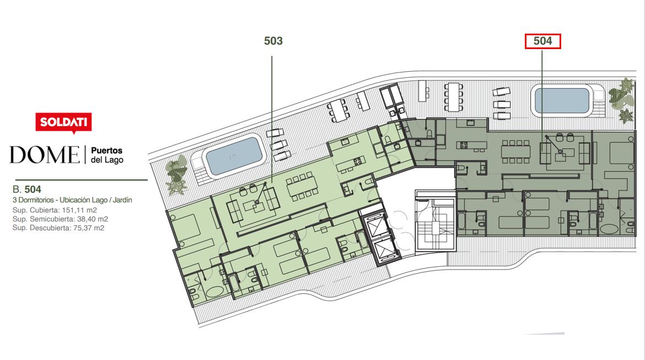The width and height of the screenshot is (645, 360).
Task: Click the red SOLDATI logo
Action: click(x=63, y=122)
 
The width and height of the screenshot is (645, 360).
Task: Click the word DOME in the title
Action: click(x=45, y=155)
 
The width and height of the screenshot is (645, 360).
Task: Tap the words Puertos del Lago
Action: click(x=107, y=155)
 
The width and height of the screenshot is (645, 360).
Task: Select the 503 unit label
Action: click(x=273, y=41)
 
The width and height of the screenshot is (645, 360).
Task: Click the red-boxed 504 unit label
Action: click(x=542, y=41)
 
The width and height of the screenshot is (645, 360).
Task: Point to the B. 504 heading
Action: click(x=27, y=189)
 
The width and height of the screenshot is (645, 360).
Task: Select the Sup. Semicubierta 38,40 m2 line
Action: click(x=60, y=219)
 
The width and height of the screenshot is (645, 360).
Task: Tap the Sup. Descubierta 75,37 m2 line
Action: click(x=58, y=228)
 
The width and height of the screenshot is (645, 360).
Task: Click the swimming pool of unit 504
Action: click(x=562, y=100)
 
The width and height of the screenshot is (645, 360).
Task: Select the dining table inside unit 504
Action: click(x=516, y=152)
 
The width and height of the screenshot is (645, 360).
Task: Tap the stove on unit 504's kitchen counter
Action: click(x=464, y=145)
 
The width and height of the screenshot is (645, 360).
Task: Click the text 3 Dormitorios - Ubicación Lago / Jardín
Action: click(x=72, y=200)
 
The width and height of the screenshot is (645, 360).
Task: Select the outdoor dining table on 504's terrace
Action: click(x=454, y=96)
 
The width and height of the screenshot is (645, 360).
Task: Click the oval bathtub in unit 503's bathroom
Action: click(x=214, y=292)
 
